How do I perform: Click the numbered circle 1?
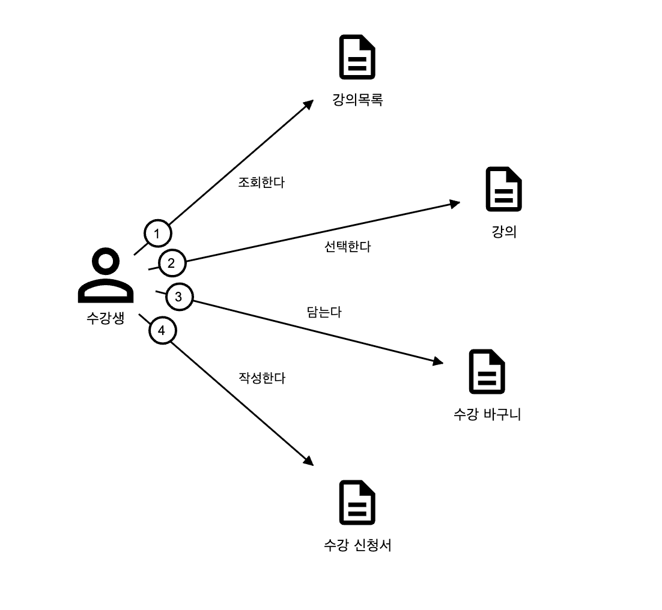point(157,232)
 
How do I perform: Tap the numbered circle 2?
point(171,263)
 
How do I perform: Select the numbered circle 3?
point(178,297)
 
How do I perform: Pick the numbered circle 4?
point(161,330)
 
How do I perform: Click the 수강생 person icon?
point(106,277)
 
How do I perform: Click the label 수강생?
point(106,318)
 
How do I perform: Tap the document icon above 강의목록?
point(357,58)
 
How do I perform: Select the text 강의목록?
point(357,100)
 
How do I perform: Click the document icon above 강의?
point(503,189)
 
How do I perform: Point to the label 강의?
point(504,232)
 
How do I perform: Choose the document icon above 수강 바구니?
point(487,372)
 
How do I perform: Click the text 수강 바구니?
point(487,414)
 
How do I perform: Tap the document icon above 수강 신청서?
point(357,503)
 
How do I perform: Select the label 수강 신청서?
point(357,545)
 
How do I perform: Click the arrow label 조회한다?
point(261,183)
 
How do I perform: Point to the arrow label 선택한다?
point(347,246)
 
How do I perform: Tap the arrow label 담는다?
point(324,312)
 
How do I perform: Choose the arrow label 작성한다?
point(262,378)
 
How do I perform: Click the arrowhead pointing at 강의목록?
point(309,104)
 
